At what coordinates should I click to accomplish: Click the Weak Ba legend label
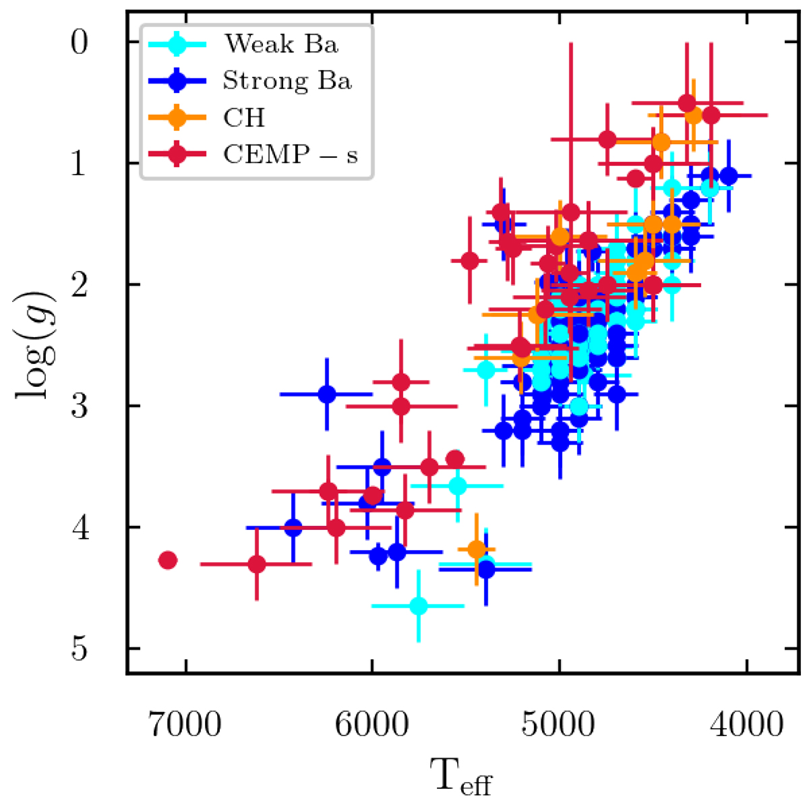click(281, 44)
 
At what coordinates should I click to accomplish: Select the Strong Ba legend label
click(287, 81)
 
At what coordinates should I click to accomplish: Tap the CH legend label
click(244, 118)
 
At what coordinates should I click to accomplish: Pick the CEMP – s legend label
click(291, 155)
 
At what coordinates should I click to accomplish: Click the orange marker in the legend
click(177, 118)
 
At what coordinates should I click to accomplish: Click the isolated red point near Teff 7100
click(168, 560)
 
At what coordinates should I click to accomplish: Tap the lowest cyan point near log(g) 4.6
click(419, 605)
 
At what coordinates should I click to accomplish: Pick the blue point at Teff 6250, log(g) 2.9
click(327, 394)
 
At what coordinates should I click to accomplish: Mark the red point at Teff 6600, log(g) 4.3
click(257, 564)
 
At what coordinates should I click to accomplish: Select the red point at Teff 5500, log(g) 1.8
click(470, 260)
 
